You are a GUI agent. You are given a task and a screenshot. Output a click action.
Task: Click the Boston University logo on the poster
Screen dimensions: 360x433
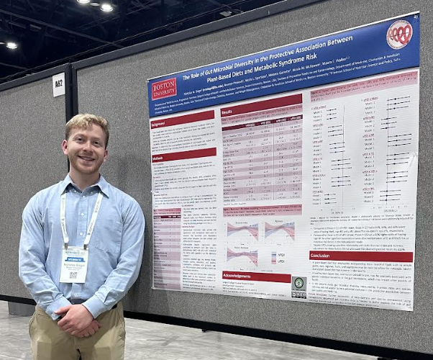pos(163,88)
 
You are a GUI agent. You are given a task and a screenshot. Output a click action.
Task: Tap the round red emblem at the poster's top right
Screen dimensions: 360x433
pos(399,34)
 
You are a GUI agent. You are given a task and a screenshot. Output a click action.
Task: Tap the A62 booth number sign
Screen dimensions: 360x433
pos(58,84)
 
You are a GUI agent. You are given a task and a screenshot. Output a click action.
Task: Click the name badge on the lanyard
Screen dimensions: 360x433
pos(74,264)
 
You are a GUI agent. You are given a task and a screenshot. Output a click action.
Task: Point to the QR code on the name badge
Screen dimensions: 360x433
pos(73,275)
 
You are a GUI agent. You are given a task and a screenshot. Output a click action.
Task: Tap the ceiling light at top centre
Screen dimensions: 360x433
pos(106,7)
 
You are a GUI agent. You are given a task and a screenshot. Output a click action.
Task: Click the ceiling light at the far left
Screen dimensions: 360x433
pos(10,45)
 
